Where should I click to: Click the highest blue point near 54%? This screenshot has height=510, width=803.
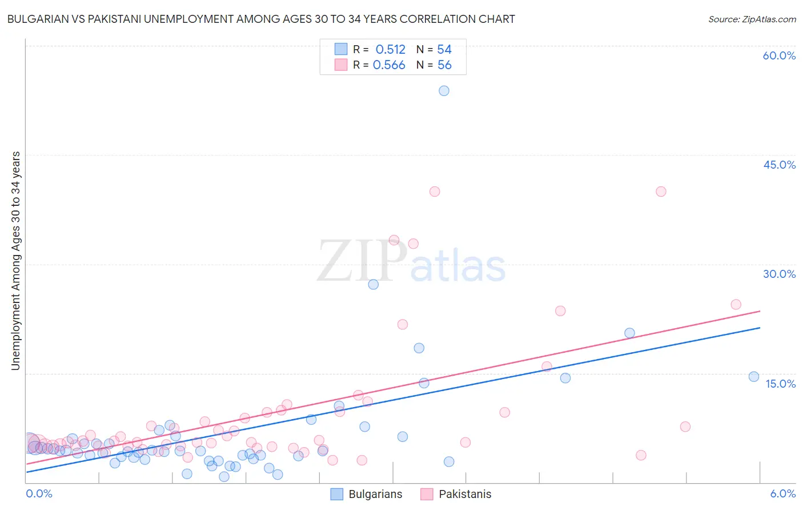click(x=444, y=91)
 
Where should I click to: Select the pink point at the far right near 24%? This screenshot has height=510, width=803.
click(x=736, y=305)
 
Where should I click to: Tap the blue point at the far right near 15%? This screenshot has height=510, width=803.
click(x=754, y=377)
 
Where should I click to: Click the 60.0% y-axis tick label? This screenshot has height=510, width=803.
click(x=779, y=55)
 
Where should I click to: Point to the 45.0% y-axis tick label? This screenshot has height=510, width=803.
click(x=779, y=165)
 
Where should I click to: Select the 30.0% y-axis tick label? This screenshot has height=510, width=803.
click(x=779, y=274)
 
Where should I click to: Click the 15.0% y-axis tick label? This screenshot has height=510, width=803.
click(x=780, y=384)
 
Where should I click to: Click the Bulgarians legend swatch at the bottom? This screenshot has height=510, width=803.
click(x=337, y=495)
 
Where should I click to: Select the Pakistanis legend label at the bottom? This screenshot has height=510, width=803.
click(x=465, y=495)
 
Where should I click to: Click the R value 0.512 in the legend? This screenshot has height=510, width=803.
click(x=390, y=50)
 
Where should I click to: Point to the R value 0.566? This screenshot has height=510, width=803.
click(x=389, y=65)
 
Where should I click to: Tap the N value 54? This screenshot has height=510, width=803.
click(x=444, y=50)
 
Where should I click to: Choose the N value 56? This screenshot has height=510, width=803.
click(x=444, y=65)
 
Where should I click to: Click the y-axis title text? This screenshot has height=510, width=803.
click(x=16, y=261)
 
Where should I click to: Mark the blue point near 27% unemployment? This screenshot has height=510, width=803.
click(x=373, y=284)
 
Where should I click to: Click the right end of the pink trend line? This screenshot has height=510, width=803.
click(x=760, y=311)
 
